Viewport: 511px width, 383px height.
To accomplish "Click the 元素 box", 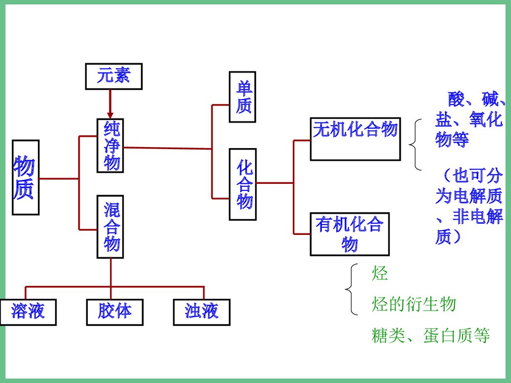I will point(113,77).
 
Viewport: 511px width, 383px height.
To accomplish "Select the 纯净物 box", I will point(110,146).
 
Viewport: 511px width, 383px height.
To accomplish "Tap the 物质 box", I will point(25,177).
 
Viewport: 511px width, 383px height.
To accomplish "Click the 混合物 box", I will point(110,226).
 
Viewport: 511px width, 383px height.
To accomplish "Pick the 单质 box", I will point(242,97).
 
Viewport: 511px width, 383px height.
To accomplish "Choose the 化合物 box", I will point(242,184).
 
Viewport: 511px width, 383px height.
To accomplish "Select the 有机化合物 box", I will point(350,234).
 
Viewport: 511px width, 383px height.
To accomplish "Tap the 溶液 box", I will point(29,312).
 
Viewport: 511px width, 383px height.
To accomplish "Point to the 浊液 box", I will point(201,312).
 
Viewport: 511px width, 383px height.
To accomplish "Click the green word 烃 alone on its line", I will point(380,274).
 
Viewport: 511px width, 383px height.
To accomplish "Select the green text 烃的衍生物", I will point(413,305).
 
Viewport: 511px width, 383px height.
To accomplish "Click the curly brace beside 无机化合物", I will point(415,145).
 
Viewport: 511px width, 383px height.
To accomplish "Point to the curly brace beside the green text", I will point(351,290).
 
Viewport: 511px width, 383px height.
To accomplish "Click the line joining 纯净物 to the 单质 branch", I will point(169,148).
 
